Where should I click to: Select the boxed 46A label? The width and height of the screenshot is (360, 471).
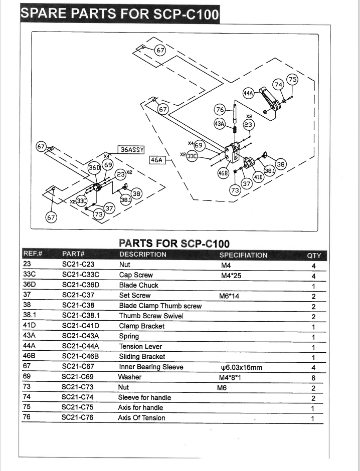[156, 160]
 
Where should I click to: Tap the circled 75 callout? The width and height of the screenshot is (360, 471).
[292, 80]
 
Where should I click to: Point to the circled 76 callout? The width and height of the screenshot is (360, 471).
[220, 110]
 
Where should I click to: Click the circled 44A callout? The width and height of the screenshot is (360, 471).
[248, 93]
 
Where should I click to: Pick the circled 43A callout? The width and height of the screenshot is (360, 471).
[220, 123]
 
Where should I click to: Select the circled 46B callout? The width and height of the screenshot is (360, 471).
[223, 173]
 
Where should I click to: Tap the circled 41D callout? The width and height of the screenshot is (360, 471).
[258, 177]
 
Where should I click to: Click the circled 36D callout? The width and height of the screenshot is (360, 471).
[94, 168]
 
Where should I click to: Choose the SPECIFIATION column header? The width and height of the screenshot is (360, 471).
[243, 255]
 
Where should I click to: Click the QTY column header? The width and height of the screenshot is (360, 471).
[314, 256]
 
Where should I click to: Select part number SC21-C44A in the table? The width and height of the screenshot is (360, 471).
[80, 346]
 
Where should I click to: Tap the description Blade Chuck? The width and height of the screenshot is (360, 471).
[138, 285]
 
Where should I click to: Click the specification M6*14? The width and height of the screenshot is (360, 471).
[229, 296]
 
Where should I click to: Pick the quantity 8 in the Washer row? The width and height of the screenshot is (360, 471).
[313, 378]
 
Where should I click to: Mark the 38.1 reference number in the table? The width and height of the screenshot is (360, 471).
[30, 315]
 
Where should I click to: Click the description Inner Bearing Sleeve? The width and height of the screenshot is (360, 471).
[151, 367]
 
